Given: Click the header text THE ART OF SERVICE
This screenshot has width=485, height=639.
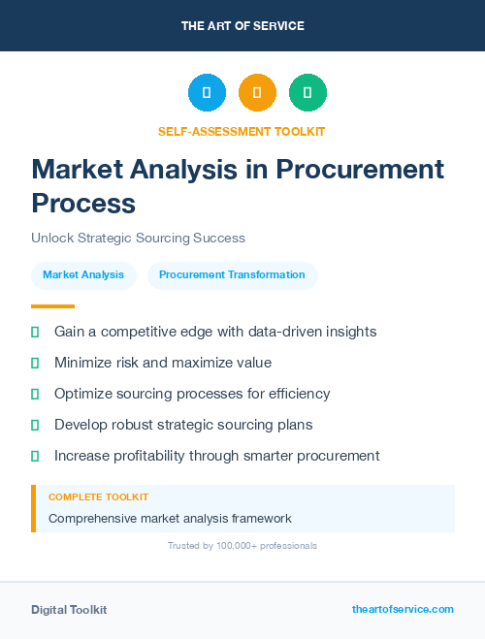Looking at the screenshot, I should pos(242,25).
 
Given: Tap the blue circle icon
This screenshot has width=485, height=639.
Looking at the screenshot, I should pos(207,92).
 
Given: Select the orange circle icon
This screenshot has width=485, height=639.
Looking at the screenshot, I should pos(257,92).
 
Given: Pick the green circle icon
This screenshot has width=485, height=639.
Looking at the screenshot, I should pos(307,92).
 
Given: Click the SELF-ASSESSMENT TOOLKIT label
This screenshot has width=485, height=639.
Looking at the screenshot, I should pos(242,131).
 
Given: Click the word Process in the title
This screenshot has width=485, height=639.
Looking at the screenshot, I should pos(83,203).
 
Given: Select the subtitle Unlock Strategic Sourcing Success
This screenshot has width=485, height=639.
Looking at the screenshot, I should pos(138,238).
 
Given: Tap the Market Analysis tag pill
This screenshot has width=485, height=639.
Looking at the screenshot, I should pos(83,274).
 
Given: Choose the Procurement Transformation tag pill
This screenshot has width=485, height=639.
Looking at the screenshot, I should pos(232,274).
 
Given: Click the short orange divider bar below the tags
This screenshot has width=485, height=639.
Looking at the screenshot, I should pos(39,305).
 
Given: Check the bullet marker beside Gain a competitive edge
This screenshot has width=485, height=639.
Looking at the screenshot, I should pos(35,332).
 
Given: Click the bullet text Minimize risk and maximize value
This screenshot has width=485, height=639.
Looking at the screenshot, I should pos(163,363).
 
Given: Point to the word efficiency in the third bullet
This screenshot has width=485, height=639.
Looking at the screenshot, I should pos(298,394).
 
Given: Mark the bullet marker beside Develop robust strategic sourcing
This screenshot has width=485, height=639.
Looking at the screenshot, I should pos(35,425).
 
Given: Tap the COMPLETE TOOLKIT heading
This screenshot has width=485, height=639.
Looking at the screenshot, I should pos(98,496).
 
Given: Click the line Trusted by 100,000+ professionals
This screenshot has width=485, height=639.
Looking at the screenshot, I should pos(242,546).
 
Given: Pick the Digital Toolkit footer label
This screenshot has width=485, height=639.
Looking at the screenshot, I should pos(69,610).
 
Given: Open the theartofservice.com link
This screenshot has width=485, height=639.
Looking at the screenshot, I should pos(403,609).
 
